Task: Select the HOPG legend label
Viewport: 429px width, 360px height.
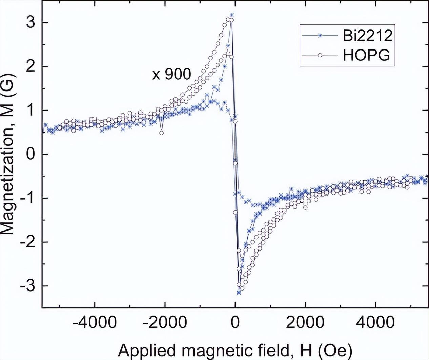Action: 366,55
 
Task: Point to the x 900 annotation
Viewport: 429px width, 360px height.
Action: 171,74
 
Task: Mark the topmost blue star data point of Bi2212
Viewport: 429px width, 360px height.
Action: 232,15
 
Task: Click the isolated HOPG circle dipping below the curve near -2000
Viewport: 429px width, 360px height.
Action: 162,133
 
